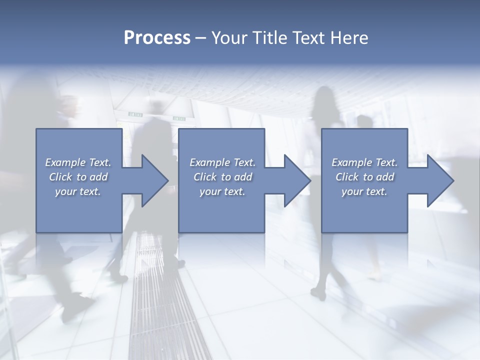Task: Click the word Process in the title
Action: (157, 38)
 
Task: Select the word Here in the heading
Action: (348, 38)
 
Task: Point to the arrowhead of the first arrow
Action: (155, 180)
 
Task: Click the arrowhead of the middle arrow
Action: (297, 180)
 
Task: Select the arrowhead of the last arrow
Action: (440, 180)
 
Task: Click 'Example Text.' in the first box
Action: (78, 162)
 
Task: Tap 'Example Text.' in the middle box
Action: (222, 162)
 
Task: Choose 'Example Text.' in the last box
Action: (364, 162)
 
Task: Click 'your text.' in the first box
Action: (78, 191)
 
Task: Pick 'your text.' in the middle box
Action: (222, 191)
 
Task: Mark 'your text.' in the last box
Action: (364, 191)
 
